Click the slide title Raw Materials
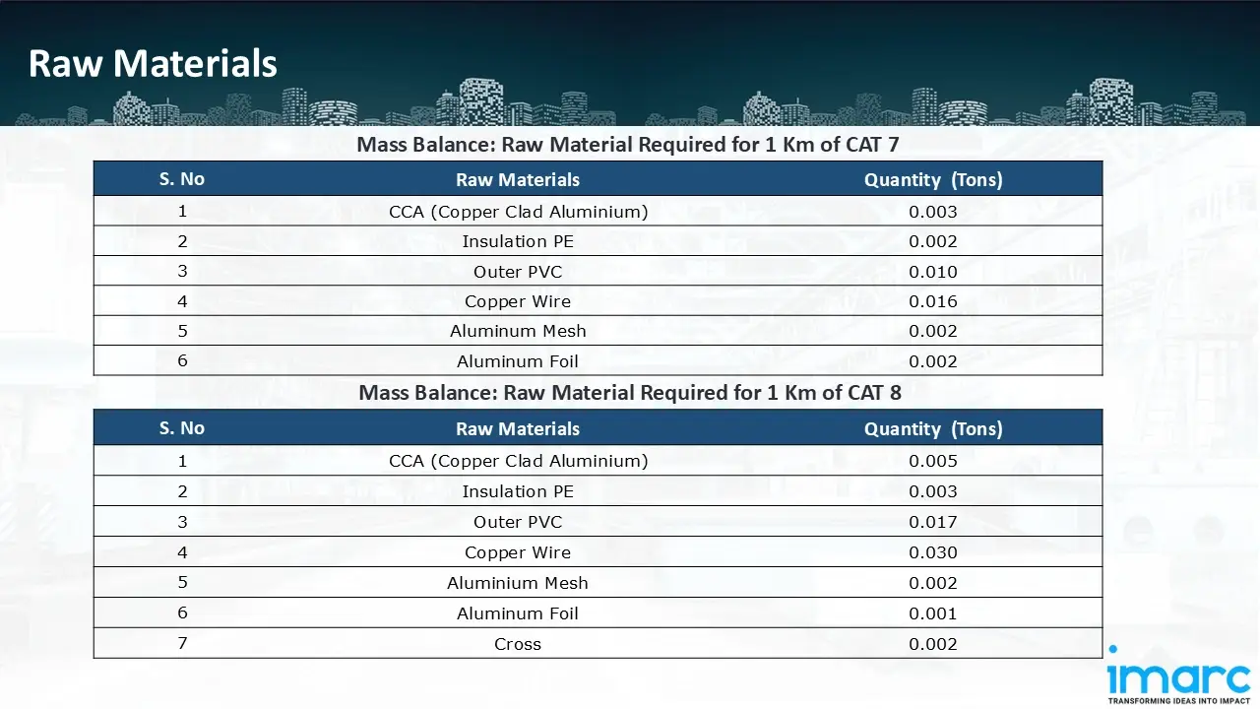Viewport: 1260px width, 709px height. point(153,64)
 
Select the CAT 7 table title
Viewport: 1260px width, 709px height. point(628,145)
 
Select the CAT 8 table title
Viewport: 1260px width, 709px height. point(630,393)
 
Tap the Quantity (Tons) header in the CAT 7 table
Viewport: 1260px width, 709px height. point(933,179)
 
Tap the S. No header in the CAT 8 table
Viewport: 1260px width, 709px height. point(182,428)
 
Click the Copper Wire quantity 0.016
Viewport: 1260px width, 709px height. point(933,301)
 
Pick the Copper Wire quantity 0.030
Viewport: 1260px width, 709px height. point(933,552)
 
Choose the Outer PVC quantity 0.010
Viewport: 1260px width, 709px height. point(933,272)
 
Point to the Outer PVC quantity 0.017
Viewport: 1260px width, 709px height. point(933,522)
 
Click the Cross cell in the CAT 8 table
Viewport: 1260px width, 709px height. point(518,644)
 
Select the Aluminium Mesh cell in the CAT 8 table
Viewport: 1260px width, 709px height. point(518,583)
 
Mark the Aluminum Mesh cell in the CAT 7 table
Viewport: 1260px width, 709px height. point(518,331)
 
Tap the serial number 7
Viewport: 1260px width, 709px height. point(182,643)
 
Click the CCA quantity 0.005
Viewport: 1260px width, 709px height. point(933,461)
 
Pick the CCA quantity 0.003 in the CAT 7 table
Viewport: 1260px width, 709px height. point(933,212)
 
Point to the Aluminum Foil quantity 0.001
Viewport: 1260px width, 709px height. point(933,613)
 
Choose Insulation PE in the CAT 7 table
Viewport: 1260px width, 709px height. point(518,241)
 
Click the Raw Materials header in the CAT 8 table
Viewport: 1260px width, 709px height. point(518,428)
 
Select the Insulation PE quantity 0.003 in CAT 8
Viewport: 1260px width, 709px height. point(933,491)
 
